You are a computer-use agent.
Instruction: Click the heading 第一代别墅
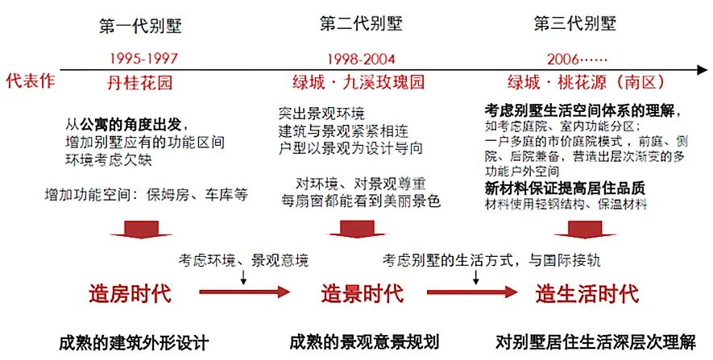[x=141, y=26]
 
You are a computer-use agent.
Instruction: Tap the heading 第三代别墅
[x=574, y=23]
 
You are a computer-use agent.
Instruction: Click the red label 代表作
[x=30, y=81]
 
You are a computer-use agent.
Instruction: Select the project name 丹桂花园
[x=140, y=82]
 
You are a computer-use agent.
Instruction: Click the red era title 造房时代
[x=130, y=293]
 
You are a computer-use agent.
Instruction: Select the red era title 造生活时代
[x=587, y=293]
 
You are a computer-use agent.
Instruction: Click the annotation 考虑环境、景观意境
[x=243, y=260]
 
